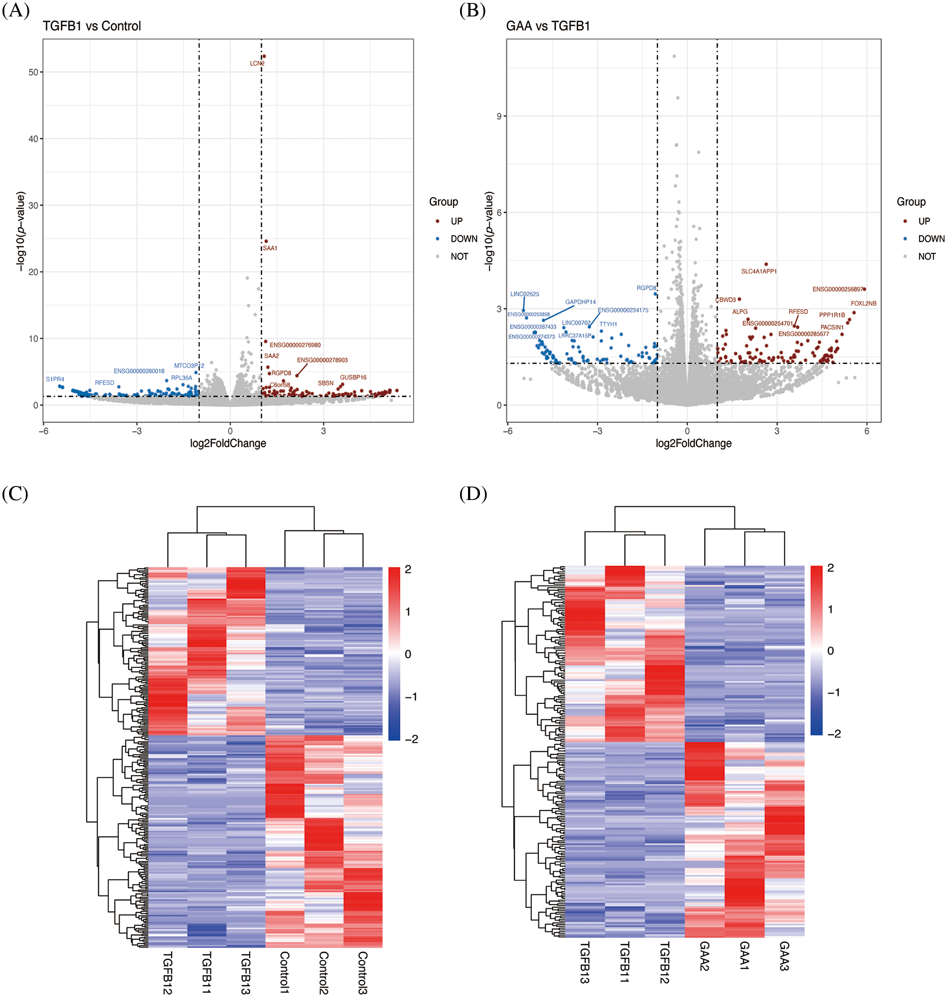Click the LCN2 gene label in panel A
tap(257, 64)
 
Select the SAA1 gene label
tap(270, 248)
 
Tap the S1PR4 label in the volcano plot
tap(55, 379)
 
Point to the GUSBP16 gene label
tap(353, 377)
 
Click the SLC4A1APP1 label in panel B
tap(759, 272)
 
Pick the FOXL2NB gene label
tap(864, 304)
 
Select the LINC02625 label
tap(524, 294)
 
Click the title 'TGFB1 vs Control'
tap(92, 26)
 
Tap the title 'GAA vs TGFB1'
tap(548, 26)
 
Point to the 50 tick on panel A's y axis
tap(33, 72)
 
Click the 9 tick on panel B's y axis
tap(499, 116)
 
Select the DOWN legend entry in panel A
tap(464, 239)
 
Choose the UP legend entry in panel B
tap(924, 221)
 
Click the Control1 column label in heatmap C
tap(285, 971)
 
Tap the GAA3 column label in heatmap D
tap(784, 956)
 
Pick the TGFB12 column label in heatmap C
tap(167, 972)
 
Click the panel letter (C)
tap(15, 494)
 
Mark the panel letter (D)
tap(473, 494)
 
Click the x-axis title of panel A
tap(228, 443)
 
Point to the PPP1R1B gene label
tap(832, 315)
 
